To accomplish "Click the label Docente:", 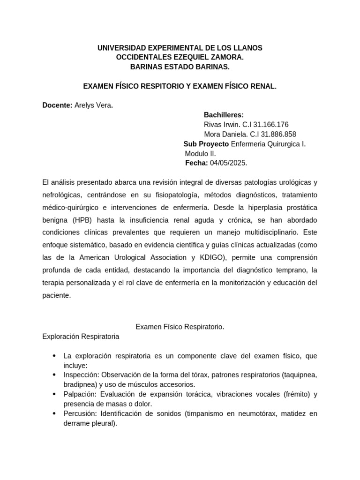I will [x=57, y=105].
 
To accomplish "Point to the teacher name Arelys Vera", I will [x=93, y=105].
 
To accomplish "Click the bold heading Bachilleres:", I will [x=224, y=115].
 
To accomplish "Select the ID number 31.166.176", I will [x=270, y=125].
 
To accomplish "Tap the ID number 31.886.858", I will [x=278, y=134].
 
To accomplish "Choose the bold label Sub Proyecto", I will [x=206, y=144].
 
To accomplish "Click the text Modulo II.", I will [x=201, y=153].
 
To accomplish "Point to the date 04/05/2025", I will [x=228, y=163].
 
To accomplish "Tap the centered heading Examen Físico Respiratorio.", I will [x=180, y=327].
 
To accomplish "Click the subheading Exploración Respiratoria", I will [x=81, y=337].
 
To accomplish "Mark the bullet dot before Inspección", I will [x=55, y=375].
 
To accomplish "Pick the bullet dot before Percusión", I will [x=55, y=413].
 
